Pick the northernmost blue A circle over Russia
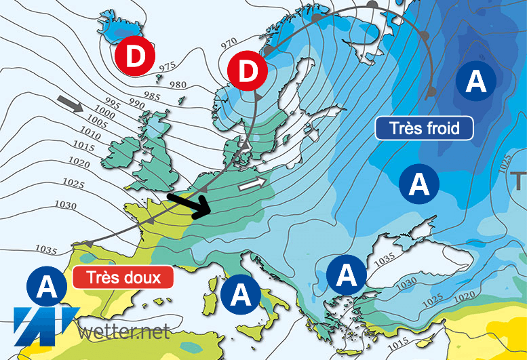(475, 81)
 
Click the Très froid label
(424, 127)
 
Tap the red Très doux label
(122, 277)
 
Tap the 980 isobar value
(177, 83)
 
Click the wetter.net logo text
(123, 332)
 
